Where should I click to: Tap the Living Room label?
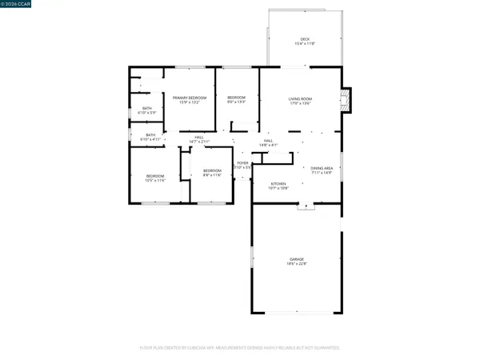(x=301, y=98)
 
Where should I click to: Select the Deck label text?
(x=305, y=39)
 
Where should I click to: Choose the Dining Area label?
(x=322, y=167)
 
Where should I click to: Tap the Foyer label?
(x=242, y=162)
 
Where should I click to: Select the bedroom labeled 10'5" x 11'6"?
(x=154, y=176)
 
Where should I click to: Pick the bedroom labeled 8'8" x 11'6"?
(x=211, y=171)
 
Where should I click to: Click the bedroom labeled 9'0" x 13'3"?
(x=236, y=98)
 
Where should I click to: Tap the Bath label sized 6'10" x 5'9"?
(x=147, y=108)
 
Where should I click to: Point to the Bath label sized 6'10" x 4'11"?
(x=150, y=134)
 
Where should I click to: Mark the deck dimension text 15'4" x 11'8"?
(x=305, y=44)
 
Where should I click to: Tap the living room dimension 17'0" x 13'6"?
(x=301, y=102)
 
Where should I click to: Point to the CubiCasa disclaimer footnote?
(x=240, y=349)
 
